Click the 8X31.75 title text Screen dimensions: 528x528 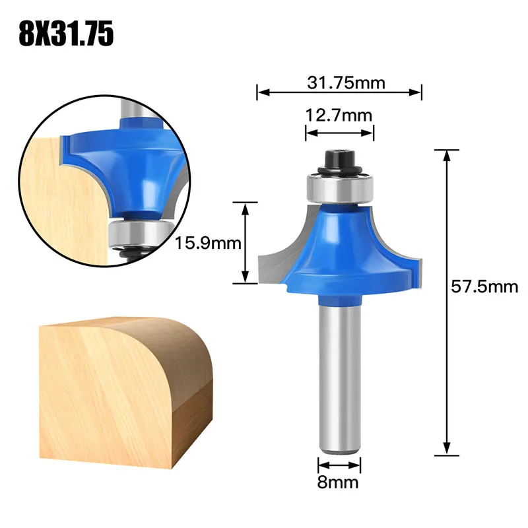(x=66, y=33)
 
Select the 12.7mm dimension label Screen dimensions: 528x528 (x=339, y=115)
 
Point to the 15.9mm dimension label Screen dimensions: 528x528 (x=208, y=243)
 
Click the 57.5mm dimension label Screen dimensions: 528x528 (x=484, y=287)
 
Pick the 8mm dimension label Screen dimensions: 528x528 (x=339, y=482)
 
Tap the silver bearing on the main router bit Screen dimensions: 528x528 (x=339, y=187)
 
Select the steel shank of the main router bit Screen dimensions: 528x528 (x=339, y=376)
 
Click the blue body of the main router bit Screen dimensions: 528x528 (x=339, y=251)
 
